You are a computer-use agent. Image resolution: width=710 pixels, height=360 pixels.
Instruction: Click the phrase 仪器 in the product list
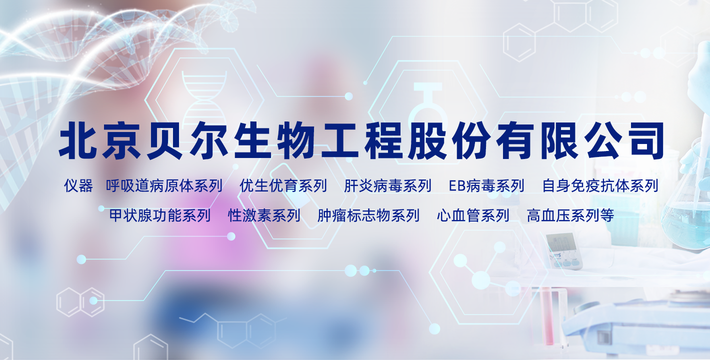click(x=78, y=185)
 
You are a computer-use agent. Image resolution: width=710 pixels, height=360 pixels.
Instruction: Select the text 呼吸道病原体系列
click(x=164, y=185)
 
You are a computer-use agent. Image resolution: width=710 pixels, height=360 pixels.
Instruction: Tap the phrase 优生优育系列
click(x=283, y=185)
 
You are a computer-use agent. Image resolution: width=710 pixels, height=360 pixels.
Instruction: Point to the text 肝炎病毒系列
click(x=387, y=185)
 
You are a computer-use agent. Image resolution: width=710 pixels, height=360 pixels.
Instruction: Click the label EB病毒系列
click(x=486, y=185)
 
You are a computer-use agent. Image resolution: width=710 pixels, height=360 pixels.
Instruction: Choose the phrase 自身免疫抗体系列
click(x=600, y=185)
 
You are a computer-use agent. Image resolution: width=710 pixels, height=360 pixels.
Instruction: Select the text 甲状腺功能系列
click(x=160, y=215)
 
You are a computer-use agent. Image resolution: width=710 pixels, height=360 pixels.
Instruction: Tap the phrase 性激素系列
click(x=264, y=215)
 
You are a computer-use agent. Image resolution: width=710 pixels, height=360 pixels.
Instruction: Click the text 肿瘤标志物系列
click(x=368, y=215)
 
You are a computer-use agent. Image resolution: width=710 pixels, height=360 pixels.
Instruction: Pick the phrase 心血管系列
click(x=473, y=215)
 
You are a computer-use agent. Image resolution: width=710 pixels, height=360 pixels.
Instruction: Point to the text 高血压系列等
click(x=570, y=215)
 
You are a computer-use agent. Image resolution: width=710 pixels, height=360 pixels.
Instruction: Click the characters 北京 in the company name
click(x=100, y=140)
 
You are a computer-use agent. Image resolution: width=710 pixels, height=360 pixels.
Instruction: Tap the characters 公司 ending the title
click(x=624, y=140)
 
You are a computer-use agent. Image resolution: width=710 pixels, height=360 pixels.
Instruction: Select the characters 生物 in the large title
click(x=274, y=140)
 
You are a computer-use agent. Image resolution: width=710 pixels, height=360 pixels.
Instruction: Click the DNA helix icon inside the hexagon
click(x=204, y=98)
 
